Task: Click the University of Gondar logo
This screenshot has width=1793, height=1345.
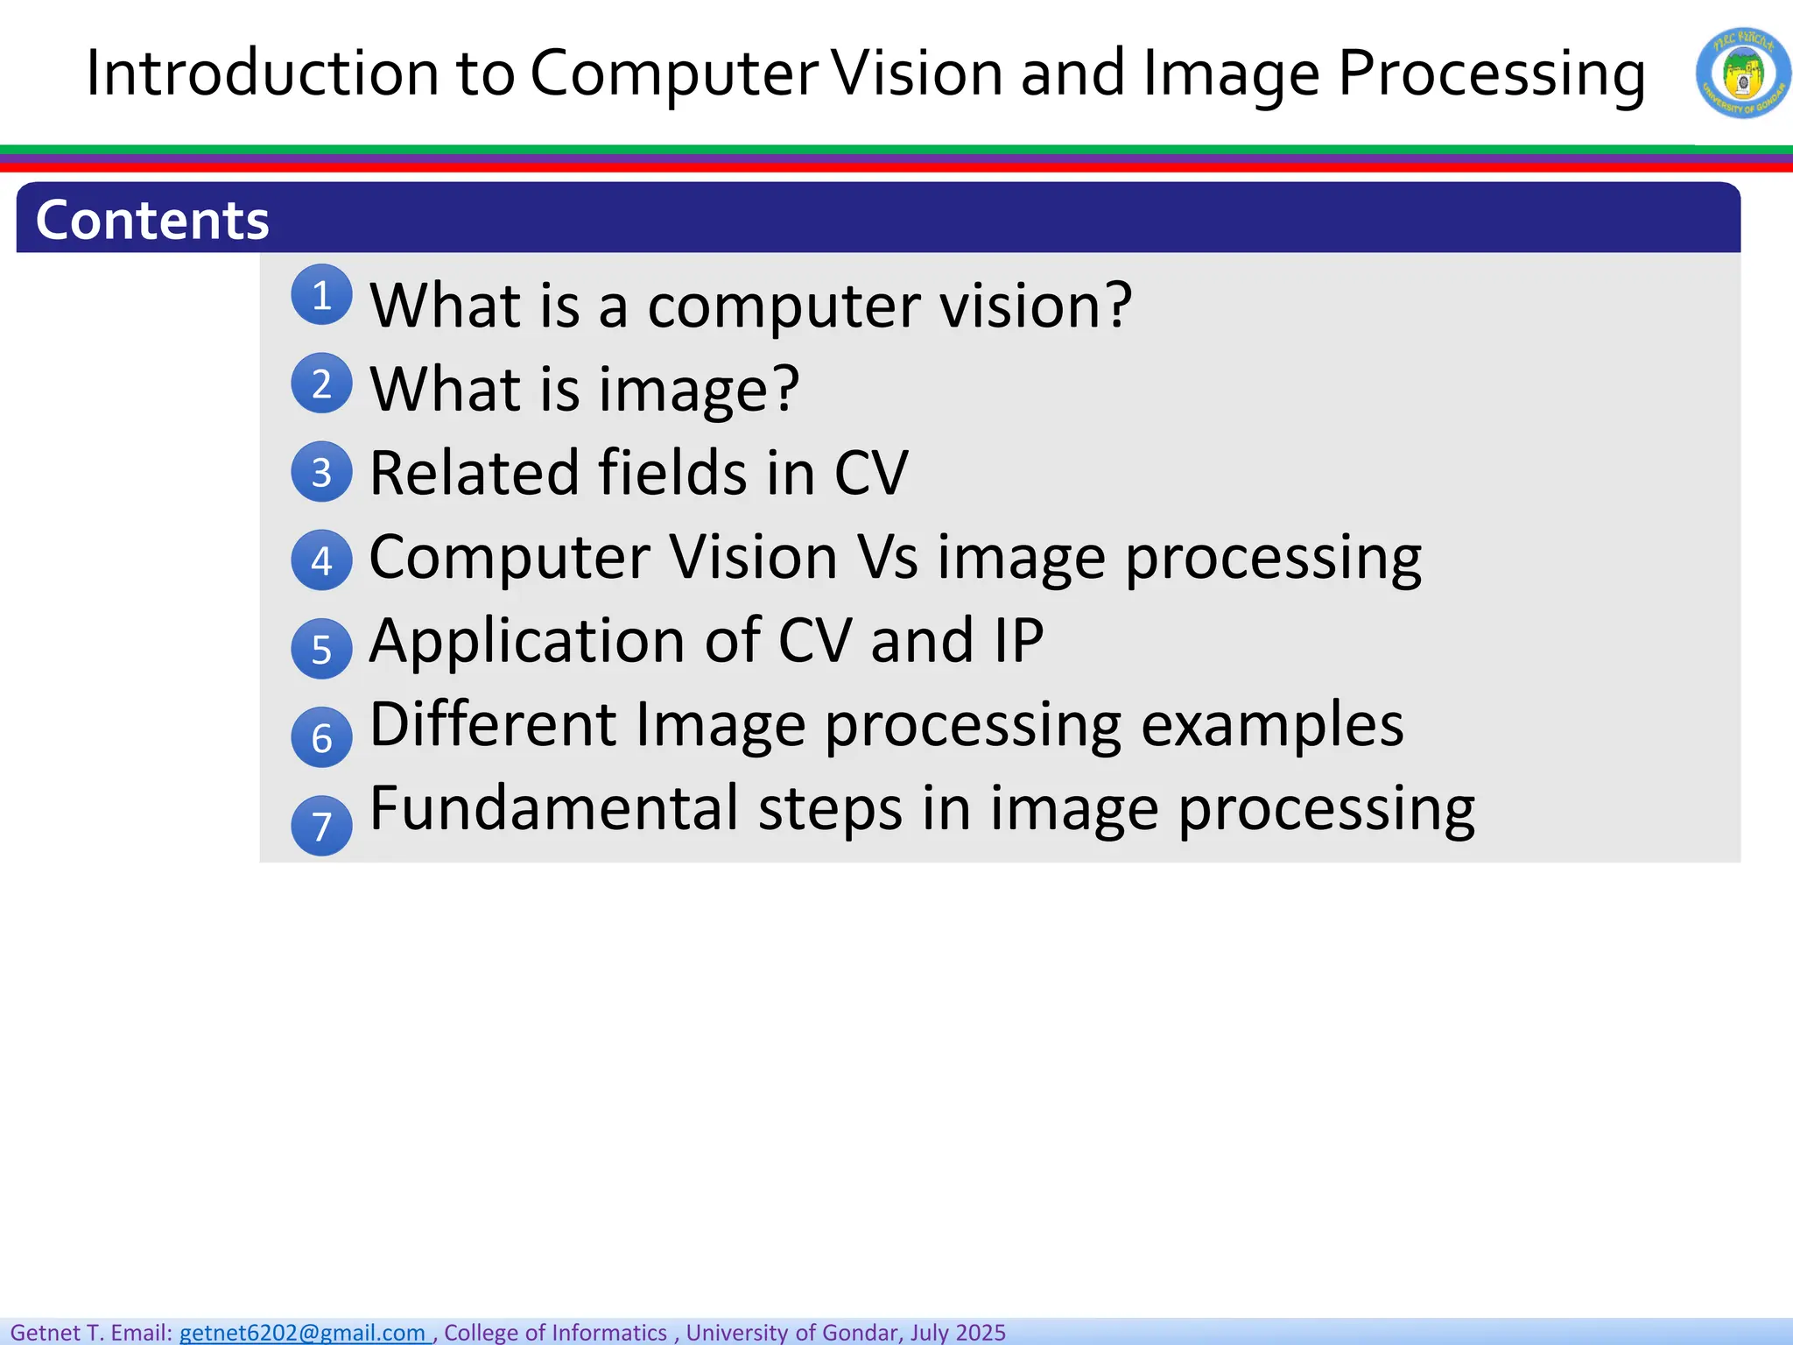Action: point(1742,74)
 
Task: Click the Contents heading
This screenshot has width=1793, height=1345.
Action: point(152,220)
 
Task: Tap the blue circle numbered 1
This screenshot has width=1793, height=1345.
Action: point(321,295)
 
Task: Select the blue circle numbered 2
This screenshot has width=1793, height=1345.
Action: point(321,384)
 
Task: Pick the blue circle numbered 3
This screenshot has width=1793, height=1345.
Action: point(321,472)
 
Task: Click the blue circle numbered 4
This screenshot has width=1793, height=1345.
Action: point(321,560)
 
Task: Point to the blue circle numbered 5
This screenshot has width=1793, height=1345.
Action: point(321,649)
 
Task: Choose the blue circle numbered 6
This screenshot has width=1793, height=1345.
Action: point(321,737)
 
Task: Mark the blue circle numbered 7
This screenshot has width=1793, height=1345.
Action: point(321,826)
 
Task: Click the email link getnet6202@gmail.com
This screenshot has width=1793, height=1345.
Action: point(303,1332)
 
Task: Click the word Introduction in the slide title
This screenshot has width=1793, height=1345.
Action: point(262,74)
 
